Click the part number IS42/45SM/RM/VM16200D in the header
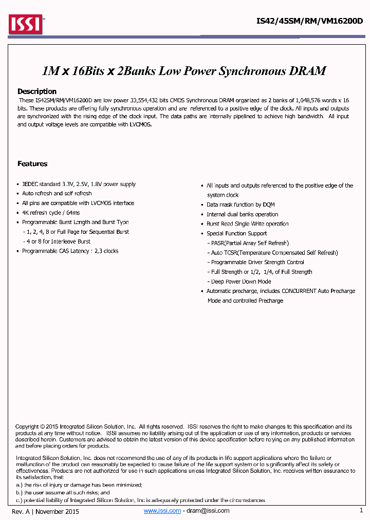[309, 21]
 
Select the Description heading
[37, 91]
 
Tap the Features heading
[32, 164]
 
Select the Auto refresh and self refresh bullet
[57, 194]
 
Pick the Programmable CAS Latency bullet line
[70, 251]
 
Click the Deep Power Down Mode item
[241, 282]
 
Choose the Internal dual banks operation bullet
[242, 214]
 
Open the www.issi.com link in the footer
[162, 511]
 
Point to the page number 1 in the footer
[361, 511]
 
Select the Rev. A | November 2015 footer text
[45, 511]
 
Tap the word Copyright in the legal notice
[27, 426]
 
